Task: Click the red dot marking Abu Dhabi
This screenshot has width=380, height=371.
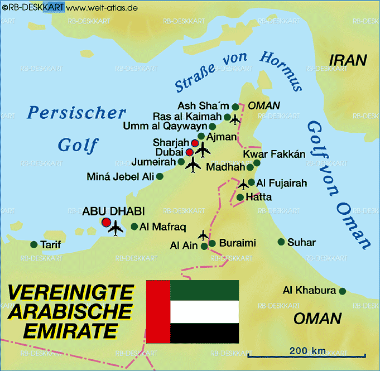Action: (x=106, y=222)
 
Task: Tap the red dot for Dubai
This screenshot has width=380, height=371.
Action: (x=190, y=152)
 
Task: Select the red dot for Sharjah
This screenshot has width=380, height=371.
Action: (x=195, y=143)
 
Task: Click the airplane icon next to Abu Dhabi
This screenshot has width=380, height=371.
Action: (x=117, y=227)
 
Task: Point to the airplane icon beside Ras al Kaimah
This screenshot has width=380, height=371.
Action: (x=235, y=119)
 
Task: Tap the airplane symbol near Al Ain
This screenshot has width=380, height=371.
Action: (x=203, y=235)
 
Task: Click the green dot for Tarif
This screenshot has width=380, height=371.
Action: (x=33, y=245)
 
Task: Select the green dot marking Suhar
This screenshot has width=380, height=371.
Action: (x=281, y=242)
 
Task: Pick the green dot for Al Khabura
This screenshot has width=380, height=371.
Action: (x=342, y=291)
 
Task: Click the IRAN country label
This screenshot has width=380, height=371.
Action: (x=348, y=60)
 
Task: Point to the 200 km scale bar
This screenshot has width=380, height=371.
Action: (x=307, y=355)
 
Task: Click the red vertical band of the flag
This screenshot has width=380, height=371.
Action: (x=158, y=311)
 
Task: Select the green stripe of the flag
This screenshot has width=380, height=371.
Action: (x=204, y=291)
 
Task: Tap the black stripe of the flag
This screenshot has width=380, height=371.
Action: (x=204, y=333)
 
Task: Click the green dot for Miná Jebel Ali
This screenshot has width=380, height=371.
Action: (x=160, y=177)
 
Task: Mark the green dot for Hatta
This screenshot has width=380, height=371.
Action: (x=240, y=197)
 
